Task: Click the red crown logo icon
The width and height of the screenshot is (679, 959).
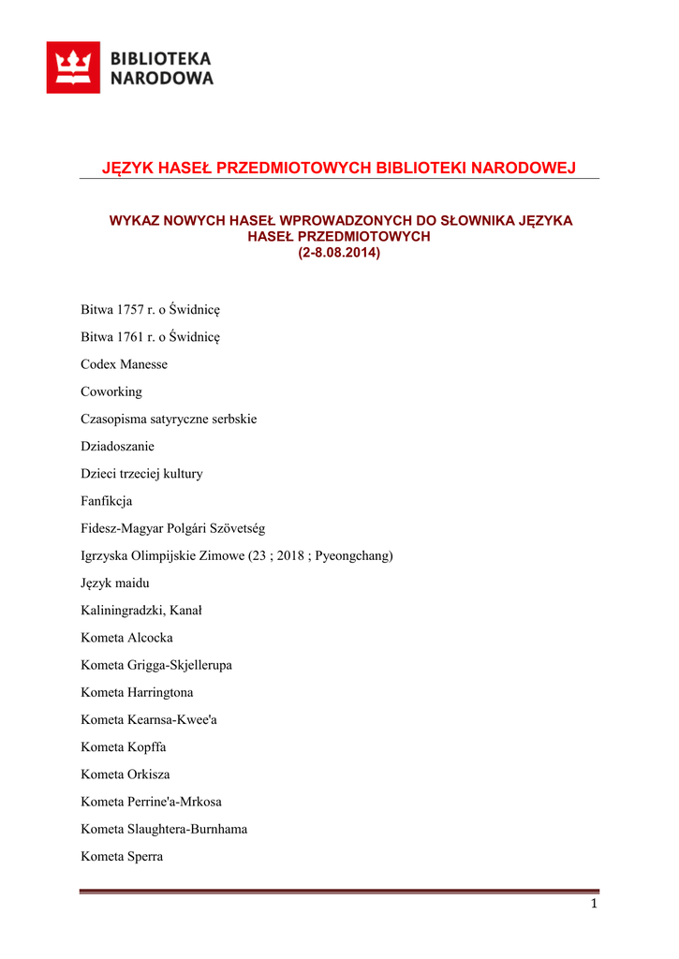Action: (x=73, y=67)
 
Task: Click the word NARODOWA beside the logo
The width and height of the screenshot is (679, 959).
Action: (x=162, y=79)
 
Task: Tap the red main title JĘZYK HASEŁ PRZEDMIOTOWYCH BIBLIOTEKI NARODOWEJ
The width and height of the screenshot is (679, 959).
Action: (x=339, y=168)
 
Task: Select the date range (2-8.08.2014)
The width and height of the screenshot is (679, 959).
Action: (x=339, y=253)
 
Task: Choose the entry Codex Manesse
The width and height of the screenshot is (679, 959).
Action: (x=124, y=364)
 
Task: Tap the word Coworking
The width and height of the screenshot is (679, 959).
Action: (x=111, y=391)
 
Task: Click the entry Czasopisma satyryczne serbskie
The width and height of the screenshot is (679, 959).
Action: (x=169, y=419)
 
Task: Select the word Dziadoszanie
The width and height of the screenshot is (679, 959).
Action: (x=117, y=446)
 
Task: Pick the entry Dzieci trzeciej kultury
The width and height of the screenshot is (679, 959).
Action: (x=141, y=474)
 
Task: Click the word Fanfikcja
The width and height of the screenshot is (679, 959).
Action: (x=107, y=501)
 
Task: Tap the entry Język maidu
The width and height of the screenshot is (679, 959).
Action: (x=115, y=583)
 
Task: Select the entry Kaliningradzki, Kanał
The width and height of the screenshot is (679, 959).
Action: (x=141, y=611)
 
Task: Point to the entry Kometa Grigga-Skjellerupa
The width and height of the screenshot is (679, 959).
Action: (x=156, y=665)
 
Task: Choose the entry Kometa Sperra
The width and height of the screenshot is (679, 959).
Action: (x=122, y=857)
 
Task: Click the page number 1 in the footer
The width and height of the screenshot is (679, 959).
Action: (x=594, y=904)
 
